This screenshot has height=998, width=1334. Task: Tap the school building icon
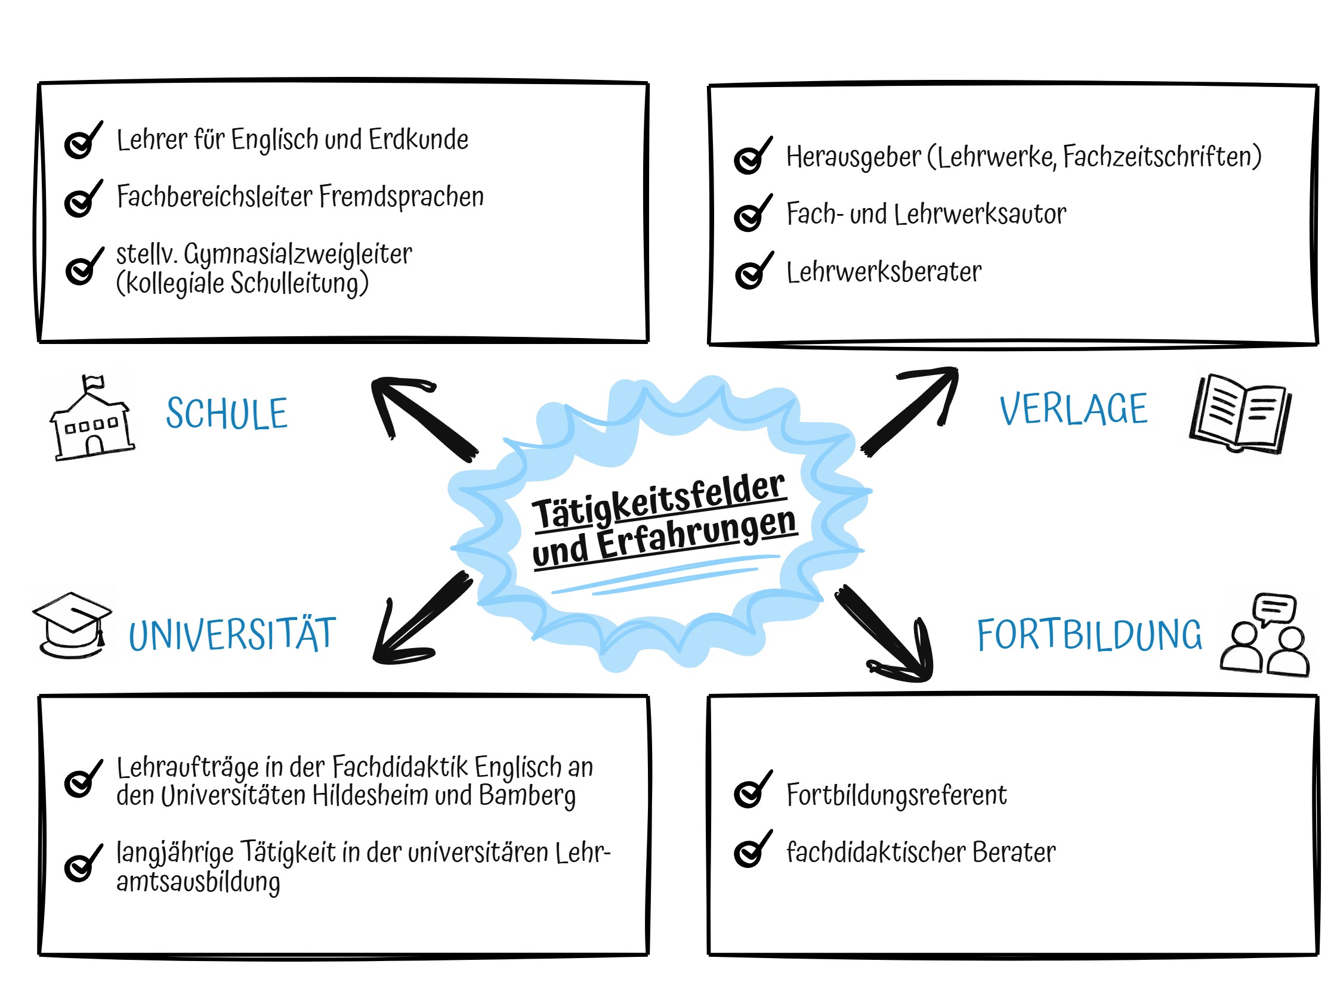(92, 419)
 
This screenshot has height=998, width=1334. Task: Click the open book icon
(1240, 413)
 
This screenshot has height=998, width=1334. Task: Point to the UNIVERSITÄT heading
(232, 634)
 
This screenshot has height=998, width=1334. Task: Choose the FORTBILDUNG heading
(1089, 634)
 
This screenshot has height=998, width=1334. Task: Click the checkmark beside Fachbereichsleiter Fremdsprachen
(83, 199)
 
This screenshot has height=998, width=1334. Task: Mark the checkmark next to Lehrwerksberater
(754, 271)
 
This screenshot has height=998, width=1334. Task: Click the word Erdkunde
(419, 140)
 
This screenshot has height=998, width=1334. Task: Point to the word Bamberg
(527, 795)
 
